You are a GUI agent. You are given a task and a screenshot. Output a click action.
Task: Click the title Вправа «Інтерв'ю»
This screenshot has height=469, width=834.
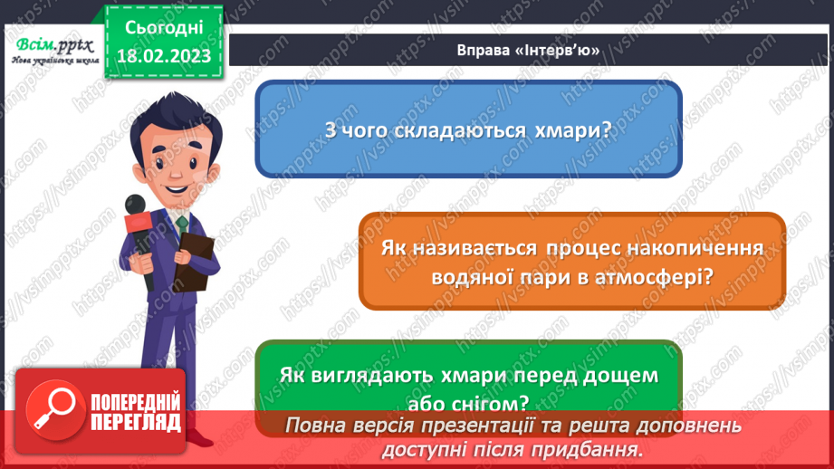click(x=529, y=51)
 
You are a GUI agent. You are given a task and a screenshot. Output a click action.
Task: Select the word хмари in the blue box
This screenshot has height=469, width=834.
click(x=574, y=130)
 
